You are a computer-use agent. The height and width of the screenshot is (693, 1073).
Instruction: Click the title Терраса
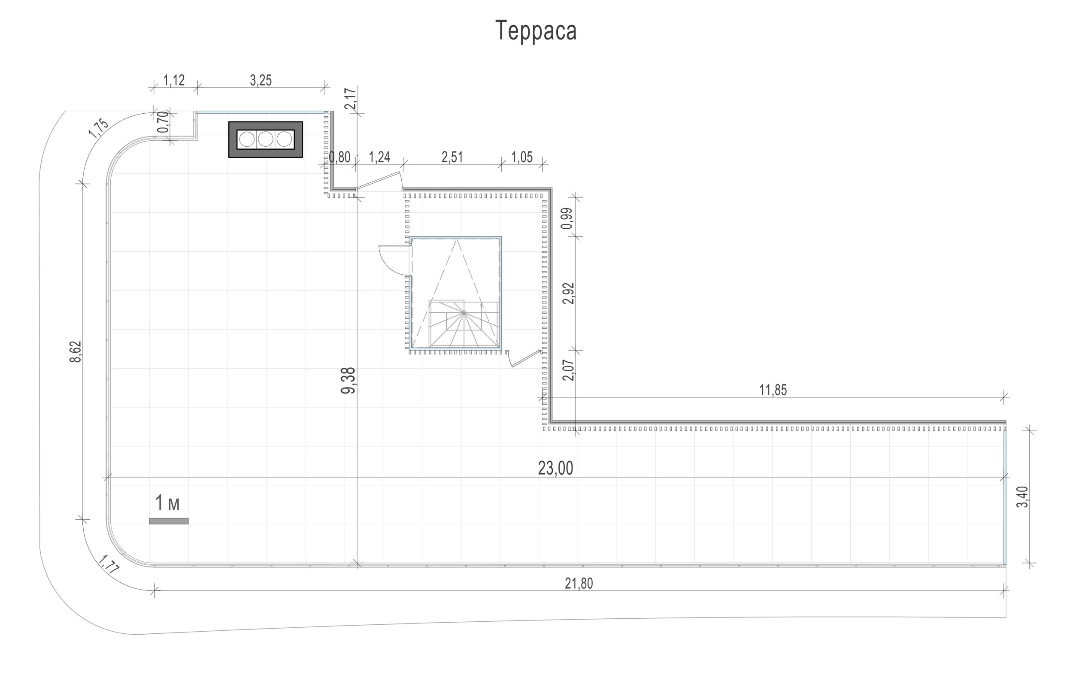coord(536,30)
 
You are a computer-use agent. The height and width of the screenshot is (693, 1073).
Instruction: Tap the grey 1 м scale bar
coord(169,521)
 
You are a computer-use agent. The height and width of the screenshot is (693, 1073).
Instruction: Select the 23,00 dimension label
coord(555,469)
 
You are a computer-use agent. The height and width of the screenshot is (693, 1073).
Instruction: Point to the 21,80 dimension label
coord(579,583)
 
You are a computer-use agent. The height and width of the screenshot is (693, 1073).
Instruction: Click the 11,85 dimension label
coord(773,390)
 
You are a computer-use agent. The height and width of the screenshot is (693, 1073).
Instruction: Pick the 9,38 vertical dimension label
coord(349,381)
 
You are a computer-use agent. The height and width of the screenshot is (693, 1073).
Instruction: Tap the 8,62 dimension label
coord(76,352)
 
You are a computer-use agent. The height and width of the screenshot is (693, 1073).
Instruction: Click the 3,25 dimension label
coord(261,80)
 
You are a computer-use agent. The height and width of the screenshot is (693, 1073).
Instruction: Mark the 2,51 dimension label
coord(452,157)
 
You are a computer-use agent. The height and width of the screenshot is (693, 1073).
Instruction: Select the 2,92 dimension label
coord(569,294)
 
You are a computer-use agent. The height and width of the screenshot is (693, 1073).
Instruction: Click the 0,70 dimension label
coord(163,122)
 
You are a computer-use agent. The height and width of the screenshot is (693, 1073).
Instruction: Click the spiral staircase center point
coord(464,312)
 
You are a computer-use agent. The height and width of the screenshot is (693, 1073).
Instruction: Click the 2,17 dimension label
coord(350,99)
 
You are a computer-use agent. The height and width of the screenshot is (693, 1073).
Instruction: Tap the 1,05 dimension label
coord(522,157)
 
